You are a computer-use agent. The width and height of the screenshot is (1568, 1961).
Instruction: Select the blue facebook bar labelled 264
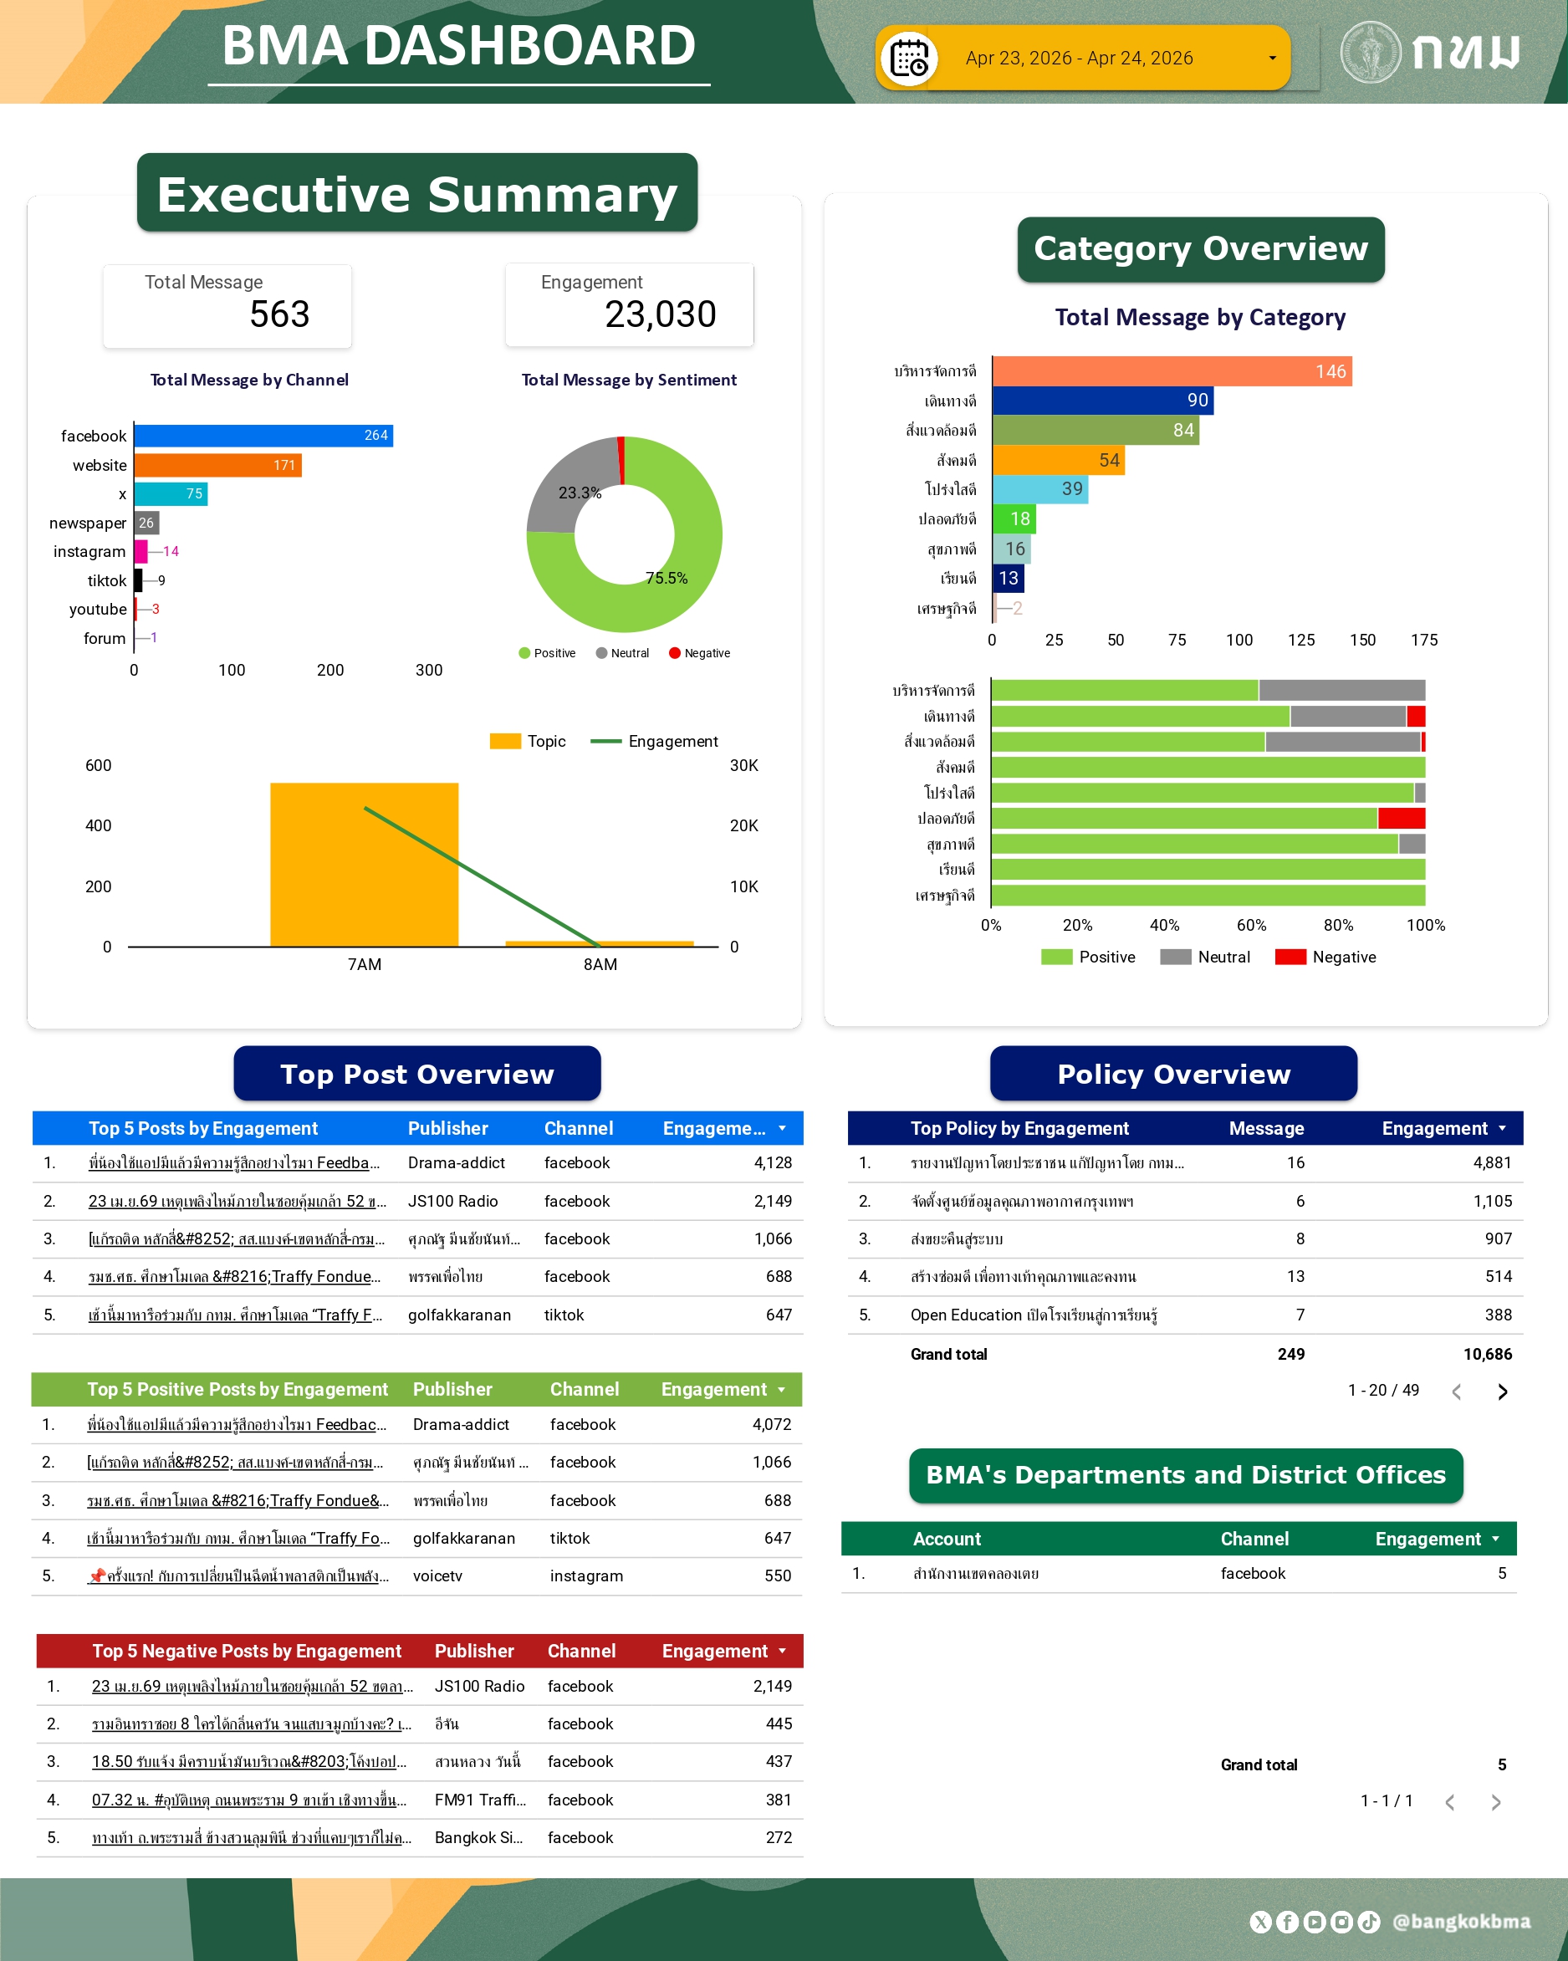(263, 436)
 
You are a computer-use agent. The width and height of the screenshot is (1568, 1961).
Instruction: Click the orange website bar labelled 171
(217, 466)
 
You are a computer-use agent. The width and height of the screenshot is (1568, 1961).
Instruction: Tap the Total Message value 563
(279, 314)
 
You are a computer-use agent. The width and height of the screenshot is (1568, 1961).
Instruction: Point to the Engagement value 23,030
(661, 314)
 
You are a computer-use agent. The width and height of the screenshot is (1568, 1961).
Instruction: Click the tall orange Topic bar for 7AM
(364, 864)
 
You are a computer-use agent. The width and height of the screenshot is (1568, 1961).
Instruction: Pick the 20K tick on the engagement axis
(744, 826)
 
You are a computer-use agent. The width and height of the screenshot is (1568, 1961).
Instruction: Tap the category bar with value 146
(1172, 371)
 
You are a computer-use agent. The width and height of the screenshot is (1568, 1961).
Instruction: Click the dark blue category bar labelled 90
(1102, 401)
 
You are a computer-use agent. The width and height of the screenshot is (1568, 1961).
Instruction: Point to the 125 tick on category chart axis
(1300, 641)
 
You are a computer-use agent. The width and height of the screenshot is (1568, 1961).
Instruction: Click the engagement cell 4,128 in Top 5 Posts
(772, 1163)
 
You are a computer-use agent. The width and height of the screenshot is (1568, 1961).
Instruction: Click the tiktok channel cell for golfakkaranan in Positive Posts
(569, 1538)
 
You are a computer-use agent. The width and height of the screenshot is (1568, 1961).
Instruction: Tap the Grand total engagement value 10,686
(1487, 1355)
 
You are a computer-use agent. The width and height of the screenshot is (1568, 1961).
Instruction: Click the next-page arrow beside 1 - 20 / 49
(1503, 1392)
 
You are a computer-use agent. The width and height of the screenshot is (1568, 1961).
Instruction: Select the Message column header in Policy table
(1266, 1129)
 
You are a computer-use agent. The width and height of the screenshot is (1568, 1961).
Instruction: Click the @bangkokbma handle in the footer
(1461, 1922)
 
